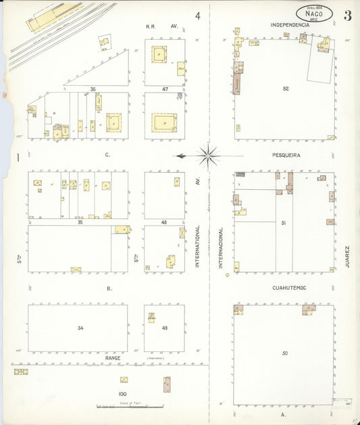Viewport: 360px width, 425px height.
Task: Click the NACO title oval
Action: [314, 13]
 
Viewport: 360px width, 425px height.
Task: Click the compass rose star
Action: [208, 155]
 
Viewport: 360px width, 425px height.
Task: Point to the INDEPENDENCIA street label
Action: [290, 25]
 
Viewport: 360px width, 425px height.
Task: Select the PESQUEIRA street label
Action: [286, 155]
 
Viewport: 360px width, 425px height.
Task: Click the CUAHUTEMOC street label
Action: [289, 288]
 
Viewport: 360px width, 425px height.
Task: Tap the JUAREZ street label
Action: [347, 257]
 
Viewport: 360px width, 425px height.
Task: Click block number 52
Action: [286, 89]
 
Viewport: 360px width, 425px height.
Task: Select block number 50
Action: [285, 353]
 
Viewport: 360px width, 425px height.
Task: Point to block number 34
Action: [80, 328]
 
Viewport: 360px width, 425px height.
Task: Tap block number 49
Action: [164, 328]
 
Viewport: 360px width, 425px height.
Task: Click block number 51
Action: [284, 222]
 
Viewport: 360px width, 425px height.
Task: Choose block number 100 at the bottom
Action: [122, 393]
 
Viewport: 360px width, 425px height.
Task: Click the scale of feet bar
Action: [129, 407]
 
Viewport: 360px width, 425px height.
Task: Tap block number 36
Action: [93, 89]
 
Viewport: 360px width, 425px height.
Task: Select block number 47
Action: [165, 89]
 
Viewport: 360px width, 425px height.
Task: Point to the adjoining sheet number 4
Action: [198, 16]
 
